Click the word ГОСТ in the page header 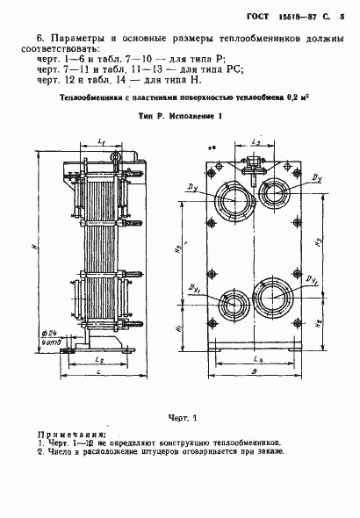[255, 11]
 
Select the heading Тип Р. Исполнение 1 [180, 116]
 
